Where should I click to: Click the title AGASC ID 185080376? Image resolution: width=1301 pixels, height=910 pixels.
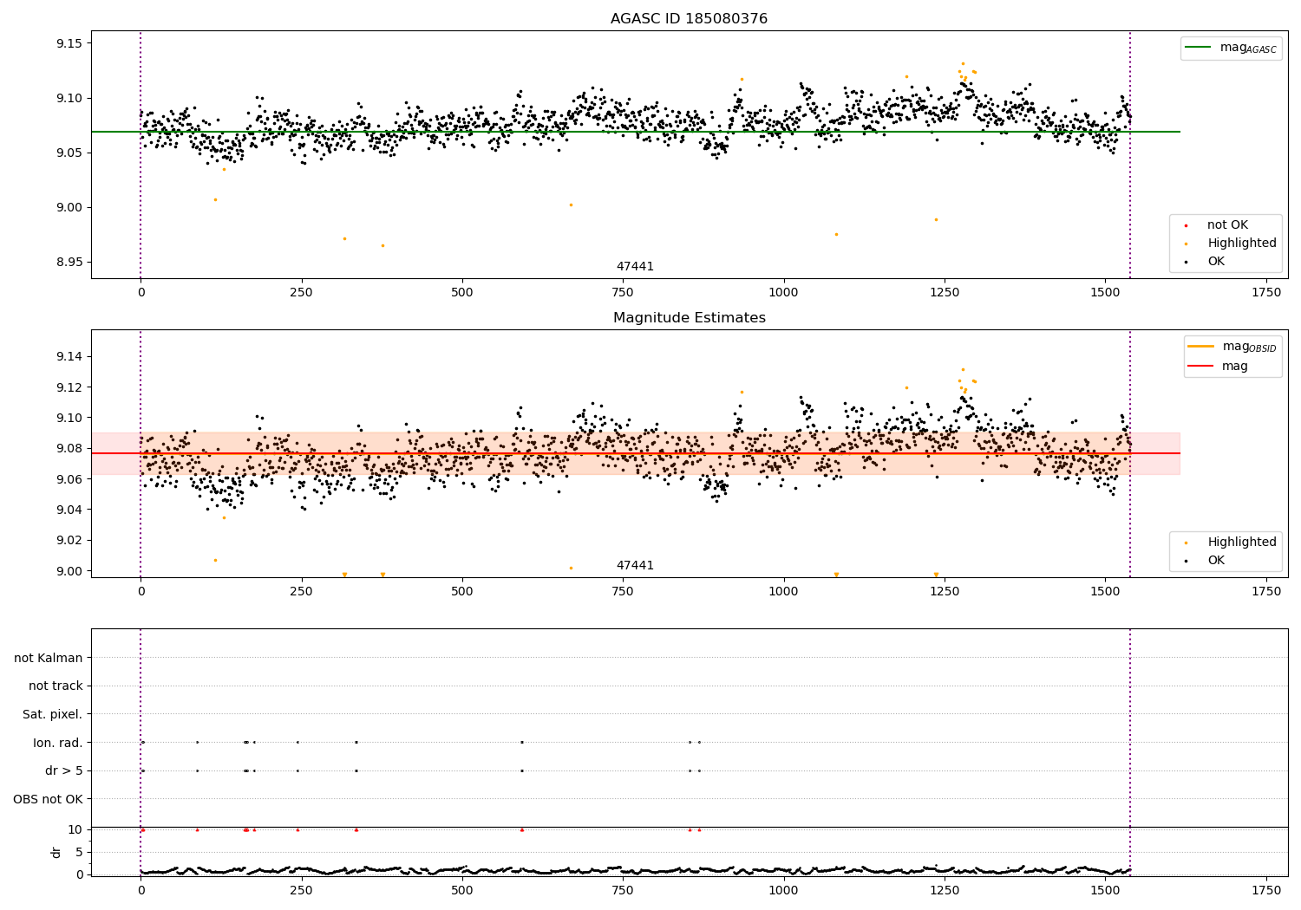point(689,19)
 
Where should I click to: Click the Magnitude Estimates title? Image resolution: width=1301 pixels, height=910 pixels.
point(689,318)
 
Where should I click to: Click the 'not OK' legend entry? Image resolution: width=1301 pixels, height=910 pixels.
point(1227,225)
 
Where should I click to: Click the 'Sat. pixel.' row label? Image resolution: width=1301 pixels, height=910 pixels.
point(53,714)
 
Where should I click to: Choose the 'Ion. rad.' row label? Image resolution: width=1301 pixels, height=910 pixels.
point(58,743)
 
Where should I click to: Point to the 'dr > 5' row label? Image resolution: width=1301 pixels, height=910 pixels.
point(64,770)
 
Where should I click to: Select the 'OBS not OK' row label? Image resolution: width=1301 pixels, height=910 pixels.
point(49,799)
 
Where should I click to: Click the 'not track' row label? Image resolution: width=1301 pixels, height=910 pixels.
point(56,686)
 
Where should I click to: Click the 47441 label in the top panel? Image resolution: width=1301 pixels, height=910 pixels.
point(635,267)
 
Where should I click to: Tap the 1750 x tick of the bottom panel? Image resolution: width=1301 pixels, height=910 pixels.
point(1265,890)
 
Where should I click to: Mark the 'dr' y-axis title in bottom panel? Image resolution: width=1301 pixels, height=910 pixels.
point(56,852)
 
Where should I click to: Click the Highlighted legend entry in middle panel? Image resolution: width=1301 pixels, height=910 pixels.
point(1241,543)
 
